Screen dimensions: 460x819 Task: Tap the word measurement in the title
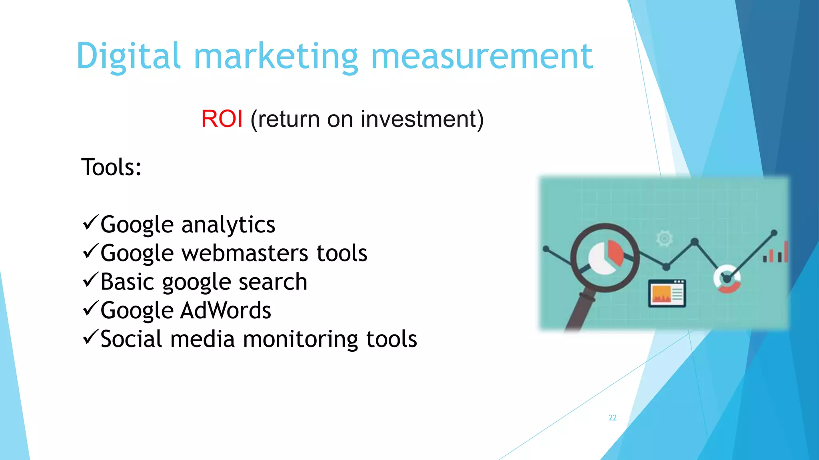coord(482,57)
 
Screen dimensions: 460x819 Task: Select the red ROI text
coord(222,119)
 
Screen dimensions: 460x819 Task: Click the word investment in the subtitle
coord(418,119)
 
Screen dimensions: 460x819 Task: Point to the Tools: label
coord(111,167)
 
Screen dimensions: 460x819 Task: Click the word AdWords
coord(226,311)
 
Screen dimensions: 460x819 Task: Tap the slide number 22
coord(613,418)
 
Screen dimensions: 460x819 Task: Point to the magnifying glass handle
coord(577,311)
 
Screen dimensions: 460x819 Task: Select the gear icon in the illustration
coord(664,238)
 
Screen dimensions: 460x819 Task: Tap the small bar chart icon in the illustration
coord(776,253)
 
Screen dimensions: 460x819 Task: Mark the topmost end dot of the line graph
coord(774,233)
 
